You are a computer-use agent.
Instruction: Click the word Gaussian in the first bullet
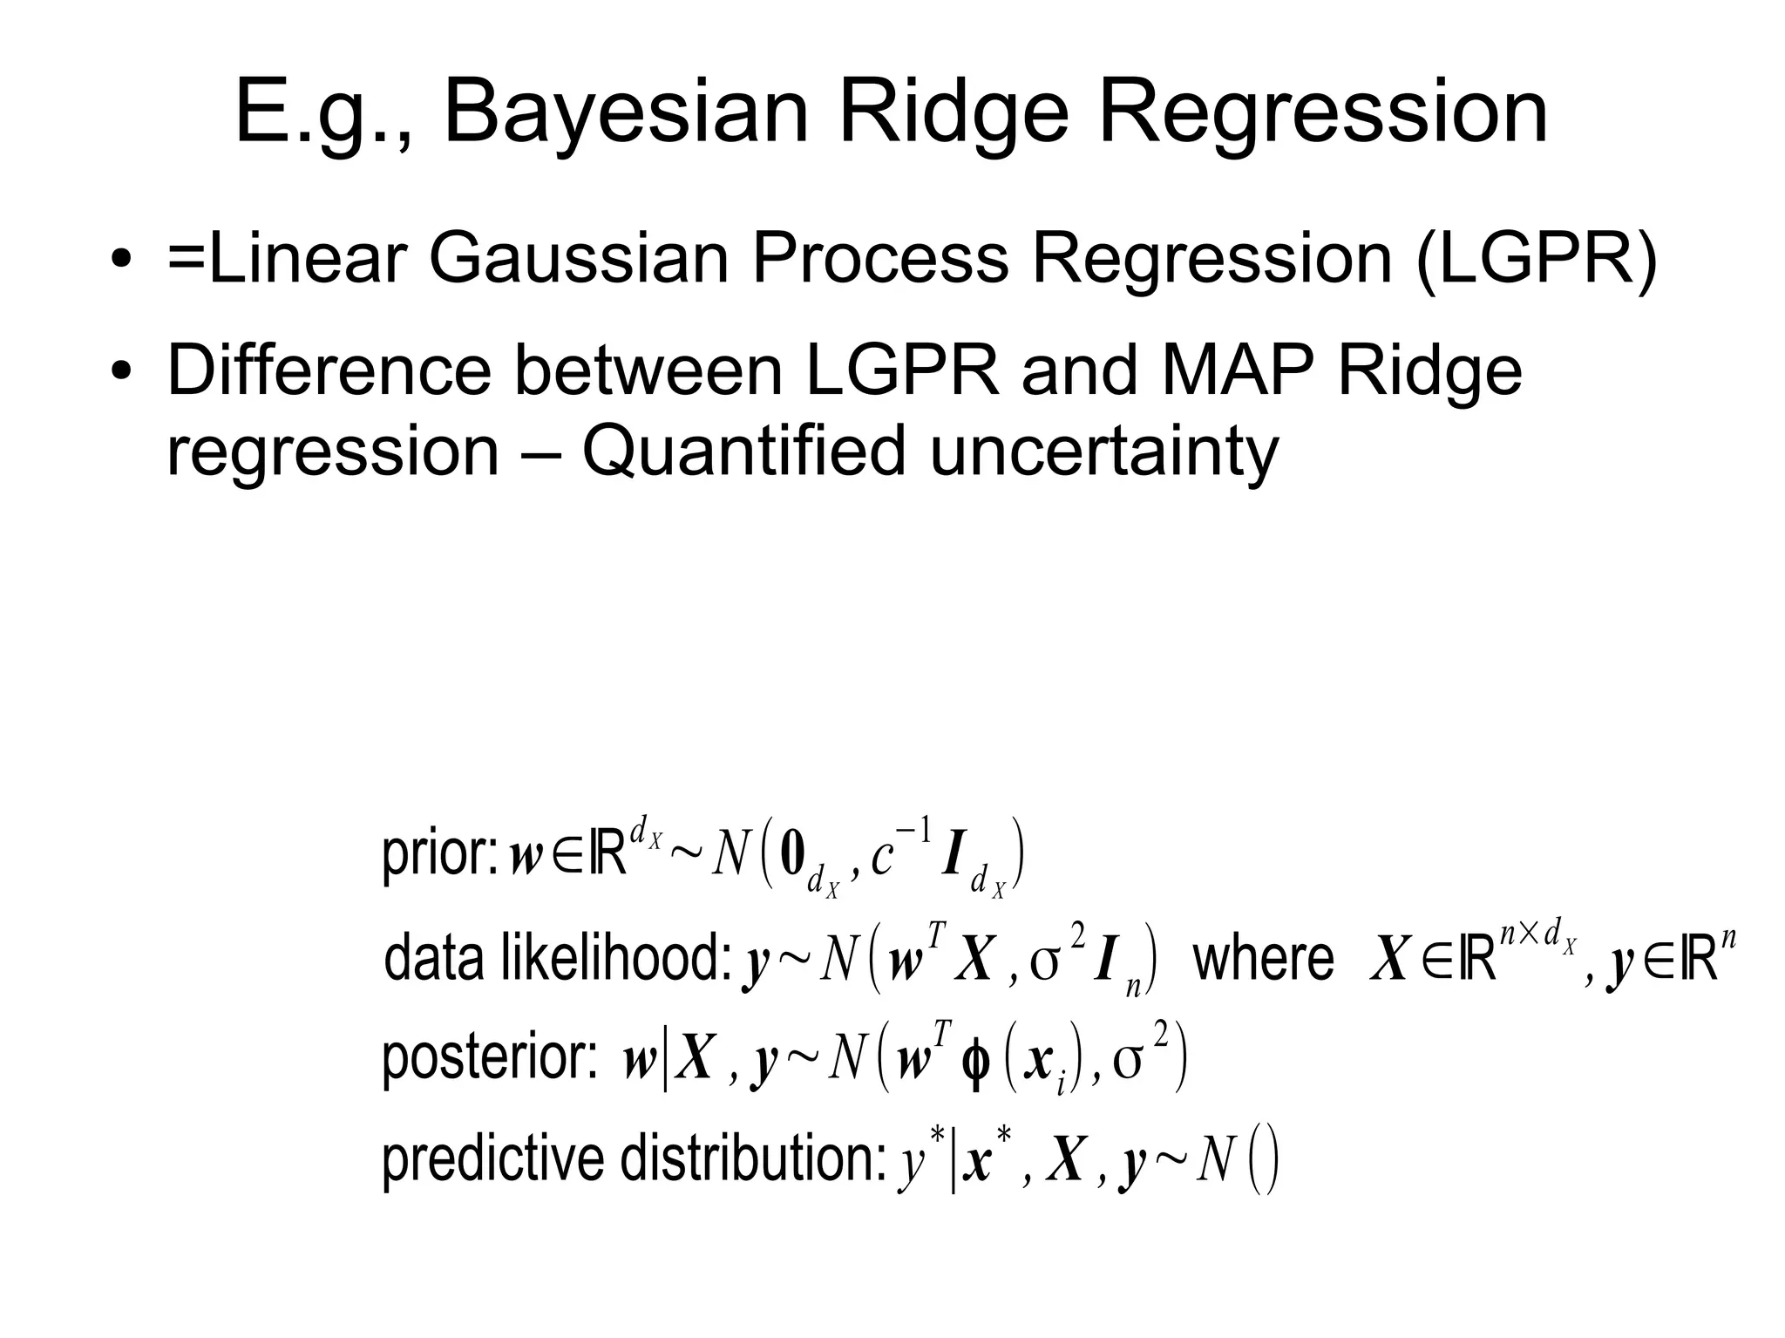pyautogui.click(x=578, y=259)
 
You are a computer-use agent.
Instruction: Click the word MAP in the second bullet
pyautogui.click(x=1236, y=370)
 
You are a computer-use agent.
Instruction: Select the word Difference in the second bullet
pyautogui.click(x=329, y=370)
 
